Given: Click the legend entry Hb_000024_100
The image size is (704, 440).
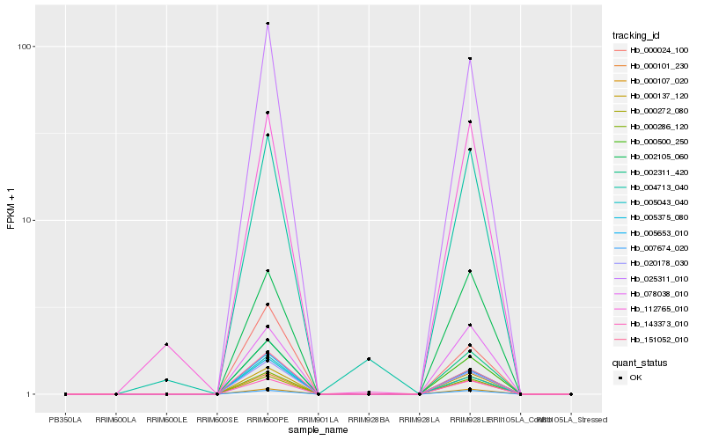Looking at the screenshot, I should click(x=652, y=50).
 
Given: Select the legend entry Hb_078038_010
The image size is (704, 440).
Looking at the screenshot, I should click(x=652, y=294).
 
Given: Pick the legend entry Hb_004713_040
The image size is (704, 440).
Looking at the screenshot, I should click(x=652, y=187).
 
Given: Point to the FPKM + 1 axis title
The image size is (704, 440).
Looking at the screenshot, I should click(x=11, y=209).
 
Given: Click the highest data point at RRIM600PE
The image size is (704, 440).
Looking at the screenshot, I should click(x=268, y=24).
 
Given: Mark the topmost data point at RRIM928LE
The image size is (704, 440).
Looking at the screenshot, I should click(x=470, y=59).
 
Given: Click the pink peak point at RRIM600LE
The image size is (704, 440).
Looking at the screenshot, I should click(x=166, y=345).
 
